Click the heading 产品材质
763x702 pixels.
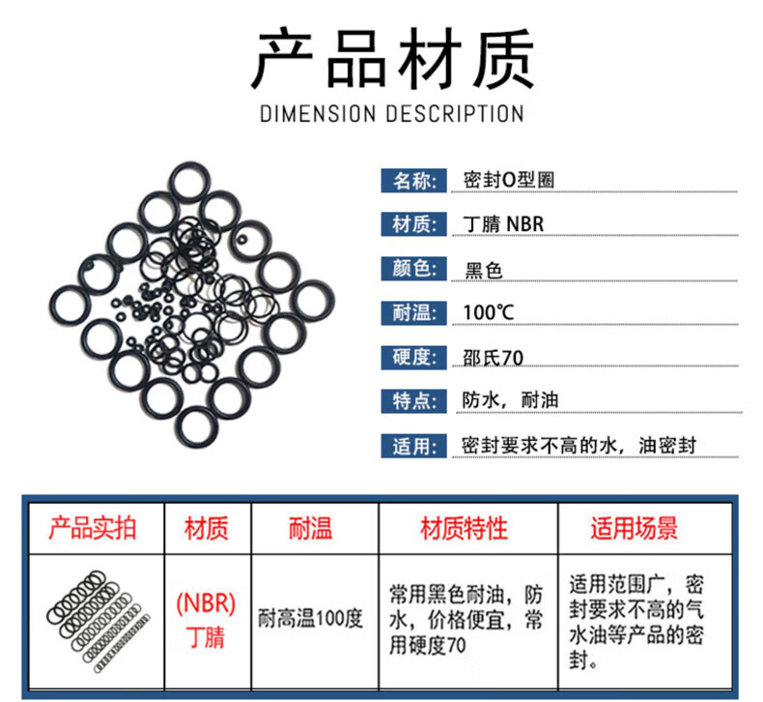click(x=392, y=60)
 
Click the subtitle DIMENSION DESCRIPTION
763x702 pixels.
click(x=392, y=113)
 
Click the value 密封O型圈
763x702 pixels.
click(x=509, y=180)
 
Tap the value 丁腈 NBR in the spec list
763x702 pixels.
click(x=503, y=224)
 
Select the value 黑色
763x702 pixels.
click(x=484, y=269)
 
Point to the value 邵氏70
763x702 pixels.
click(x=494, y=357)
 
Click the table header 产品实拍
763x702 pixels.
click(x=93, y=528)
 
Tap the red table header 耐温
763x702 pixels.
click(x=310, y=528)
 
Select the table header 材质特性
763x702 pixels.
click(x=464, y=528)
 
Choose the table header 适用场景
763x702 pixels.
click(x=635, y=528)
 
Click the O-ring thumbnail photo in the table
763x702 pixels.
click(x=96, y=615)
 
